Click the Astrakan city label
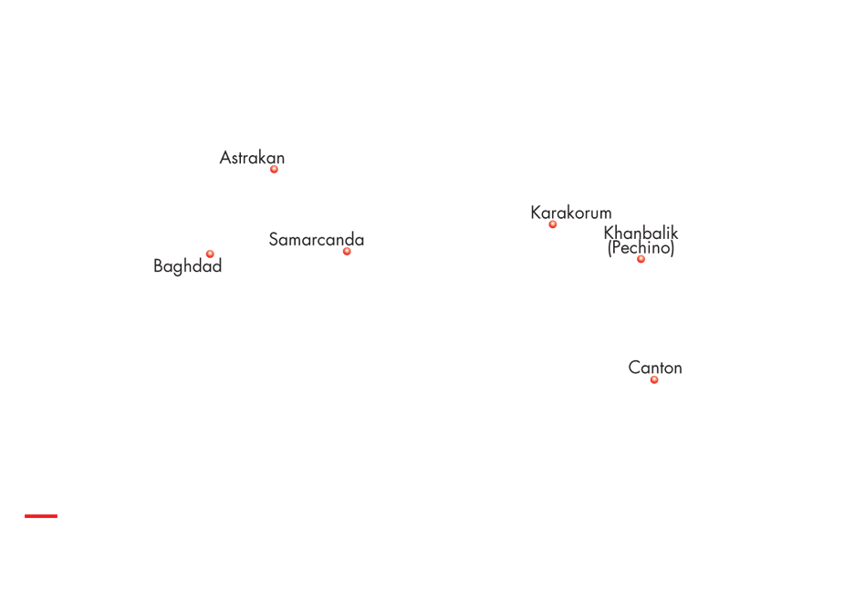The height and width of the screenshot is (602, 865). (x=252, y=158)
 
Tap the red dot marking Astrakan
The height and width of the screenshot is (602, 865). (x=274, y=170)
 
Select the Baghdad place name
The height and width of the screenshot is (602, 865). (x=188, y=266)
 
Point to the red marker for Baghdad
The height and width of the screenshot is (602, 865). (x=210, y=254)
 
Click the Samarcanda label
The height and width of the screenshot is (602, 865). (x=317, y=239)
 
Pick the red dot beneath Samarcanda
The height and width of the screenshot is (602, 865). (x=347, y=252)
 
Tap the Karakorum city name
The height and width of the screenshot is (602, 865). (x=571, y=213)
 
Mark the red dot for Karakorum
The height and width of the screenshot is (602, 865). (x=553, y=224)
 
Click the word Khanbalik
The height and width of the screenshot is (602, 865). (x=641, y=233)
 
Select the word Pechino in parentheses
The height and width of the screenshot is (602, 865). (x=641, y=247)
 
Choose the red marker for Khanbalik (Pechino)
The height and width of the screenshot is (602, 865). (x=641, y=259)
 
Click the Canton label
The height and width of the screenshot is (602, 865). (x=655, y=368)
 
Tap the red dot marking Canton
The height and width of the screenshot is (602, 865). (x=654, y=379)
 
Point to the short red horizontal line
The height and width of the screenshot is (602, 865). (x=41, y=516)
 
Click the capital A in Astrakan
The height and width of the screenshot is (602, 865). (x=225, y=158)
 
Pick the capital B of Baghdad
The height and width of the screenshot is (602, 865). (x=158, y=266)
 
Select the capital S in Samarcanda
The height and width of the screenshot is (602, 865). (x=273, y=239)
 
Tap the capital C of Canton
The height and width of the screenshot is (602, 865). (x=634, y=368)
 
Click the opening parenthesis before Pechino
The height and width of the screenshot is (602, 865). (x=610, y=248)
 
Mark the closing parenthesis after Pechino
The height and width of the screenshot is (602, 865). (x=672, y=248)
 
